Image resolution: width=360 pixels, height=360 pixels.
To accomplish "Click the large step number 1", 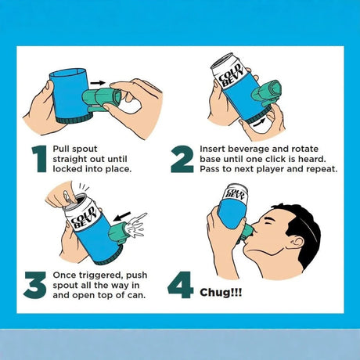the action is click(40, 159).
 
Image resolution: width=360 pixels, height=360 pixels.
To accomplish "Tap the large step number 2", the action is click(182, 159).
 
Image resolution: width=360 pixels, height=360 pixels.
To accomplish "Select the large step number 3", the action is click(34, 285).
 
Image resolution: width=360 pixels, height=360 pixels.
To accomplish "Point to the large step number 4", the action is click(180, 285).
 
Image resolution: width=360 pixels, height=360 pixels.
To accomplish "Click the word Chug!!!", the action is click(221, 292).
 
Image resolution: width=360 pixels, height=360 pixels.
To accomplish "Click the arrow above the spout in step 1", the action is click(98, 83).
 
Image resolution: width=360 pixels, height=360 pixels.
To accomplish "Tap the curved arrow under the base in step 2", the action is click(261, 122).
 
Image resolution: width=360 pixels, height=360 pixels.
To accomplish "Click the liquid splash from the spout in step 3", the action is click(136, 225).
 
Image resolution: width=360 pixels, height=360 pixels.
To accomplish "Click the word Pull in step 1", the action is click(61, 149).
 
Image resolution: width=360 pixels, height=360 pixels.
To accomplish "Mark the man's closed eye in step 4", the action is click(268, 223).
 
